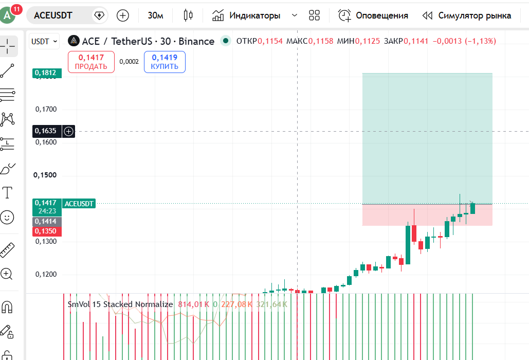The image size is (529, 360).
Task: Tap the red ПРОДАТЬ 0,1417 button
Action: [91, 62]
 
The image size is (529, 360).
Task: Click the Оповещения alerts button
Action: [373, 15]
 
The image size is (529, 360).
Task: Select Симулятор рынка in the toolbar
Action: [467, 15]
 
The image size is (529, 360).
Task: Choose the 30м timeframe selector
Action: [156, 15]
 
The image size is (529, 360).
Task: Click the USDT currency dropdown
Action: [44, 42]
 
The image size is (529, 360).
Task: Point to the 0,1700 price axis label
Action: [46, 110]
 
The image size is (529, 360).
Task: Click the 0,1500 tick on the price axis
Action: [45, 175]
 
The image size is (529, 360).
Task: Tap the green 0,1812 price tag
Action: [47, 73]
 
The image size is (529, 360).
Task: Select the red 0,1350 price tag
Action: [47, 231]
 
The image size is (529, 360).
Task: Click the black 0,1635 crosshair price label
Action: [47, 131]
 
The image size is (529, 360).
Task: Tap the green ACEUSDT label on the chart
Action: [79, 204]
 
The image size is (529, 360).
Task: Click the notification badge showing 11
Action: [16, 9]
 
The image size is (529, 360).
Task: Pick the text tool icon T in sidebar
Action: [7, 192]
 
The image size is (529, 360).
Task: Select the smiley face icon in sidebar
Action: [7, 217]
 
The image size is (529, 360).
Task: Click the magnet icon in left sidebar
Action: [7, 307]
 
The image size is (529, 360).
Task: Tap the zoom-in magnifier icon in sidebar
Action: [7, 274]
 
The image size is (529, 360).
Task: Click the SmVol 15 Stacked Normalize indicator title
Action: [120, 304]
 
